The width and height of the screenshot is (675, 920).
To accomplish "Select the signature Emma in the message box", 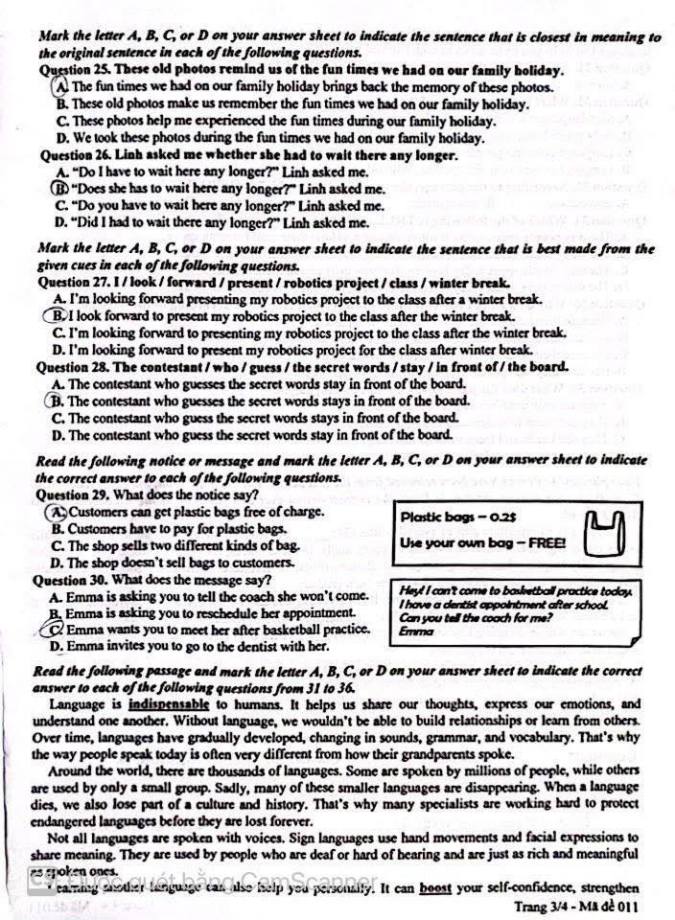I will click(415, 632).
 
